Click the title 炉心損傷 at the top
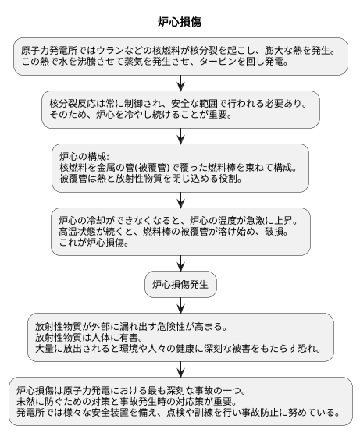click(180, 21)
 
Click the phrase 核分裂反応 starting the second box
click(73, 103)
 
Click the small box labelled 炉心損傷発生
click(180, 284)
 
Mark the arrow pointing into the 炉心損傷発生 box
click(180, 262)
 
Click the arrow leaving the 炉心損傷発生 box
click(180, 305)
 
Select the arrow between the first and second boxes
click(180, 83)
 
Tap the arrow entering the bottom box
click(180, 369)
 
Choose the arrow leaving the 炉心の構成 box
click(180, 198)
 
